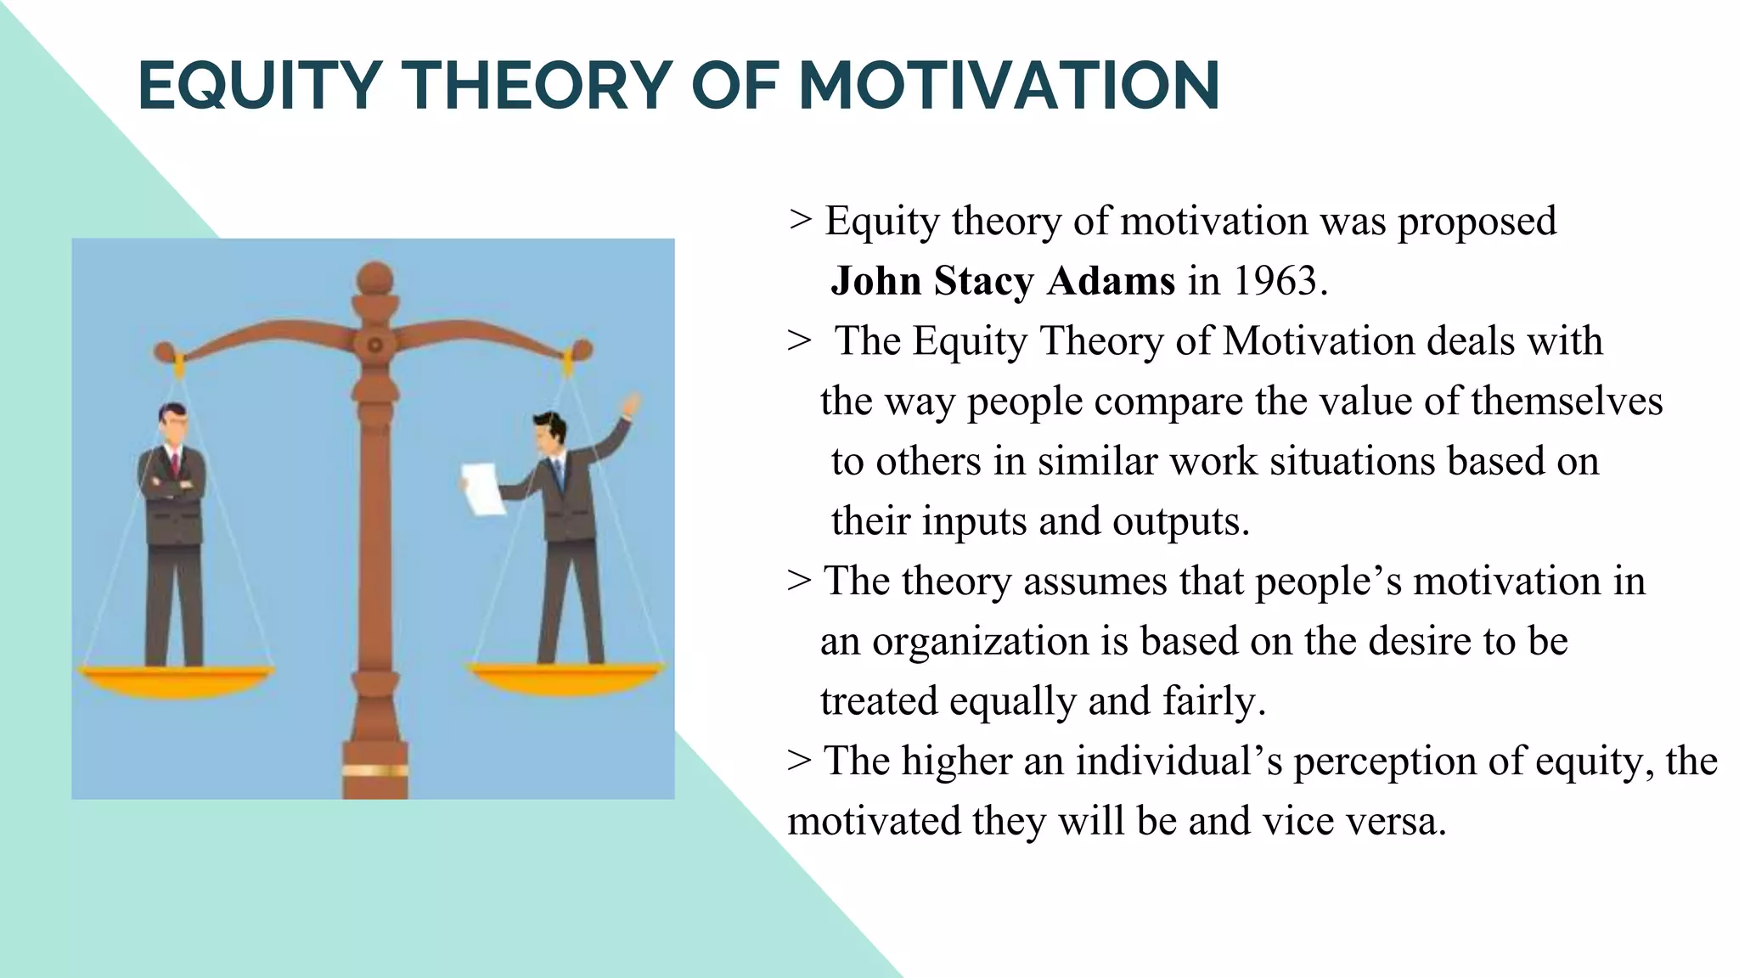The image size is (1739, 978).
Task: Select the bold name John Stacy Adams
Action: [x=1003, y=281]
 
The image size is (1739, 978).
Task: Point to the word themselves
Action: [x=1567, y=401]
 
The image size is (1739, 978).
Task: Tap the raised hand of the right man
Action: [x=630, y=404]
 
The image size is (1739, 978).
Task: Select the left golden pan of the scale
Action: [x=176, y=679]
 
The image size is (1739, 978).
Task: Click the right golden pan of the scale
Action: [x=567, y=677]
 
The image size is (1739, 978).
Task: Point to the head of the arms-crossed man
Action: [x=173, y=424]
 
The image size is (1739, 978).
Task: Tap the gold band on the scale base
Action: [x=375, y=771]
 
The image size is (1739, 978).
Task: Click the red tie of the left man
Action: [x=175, y=465]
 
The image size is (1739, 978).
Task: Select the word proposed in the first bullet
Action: [x=1477, y=222]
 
